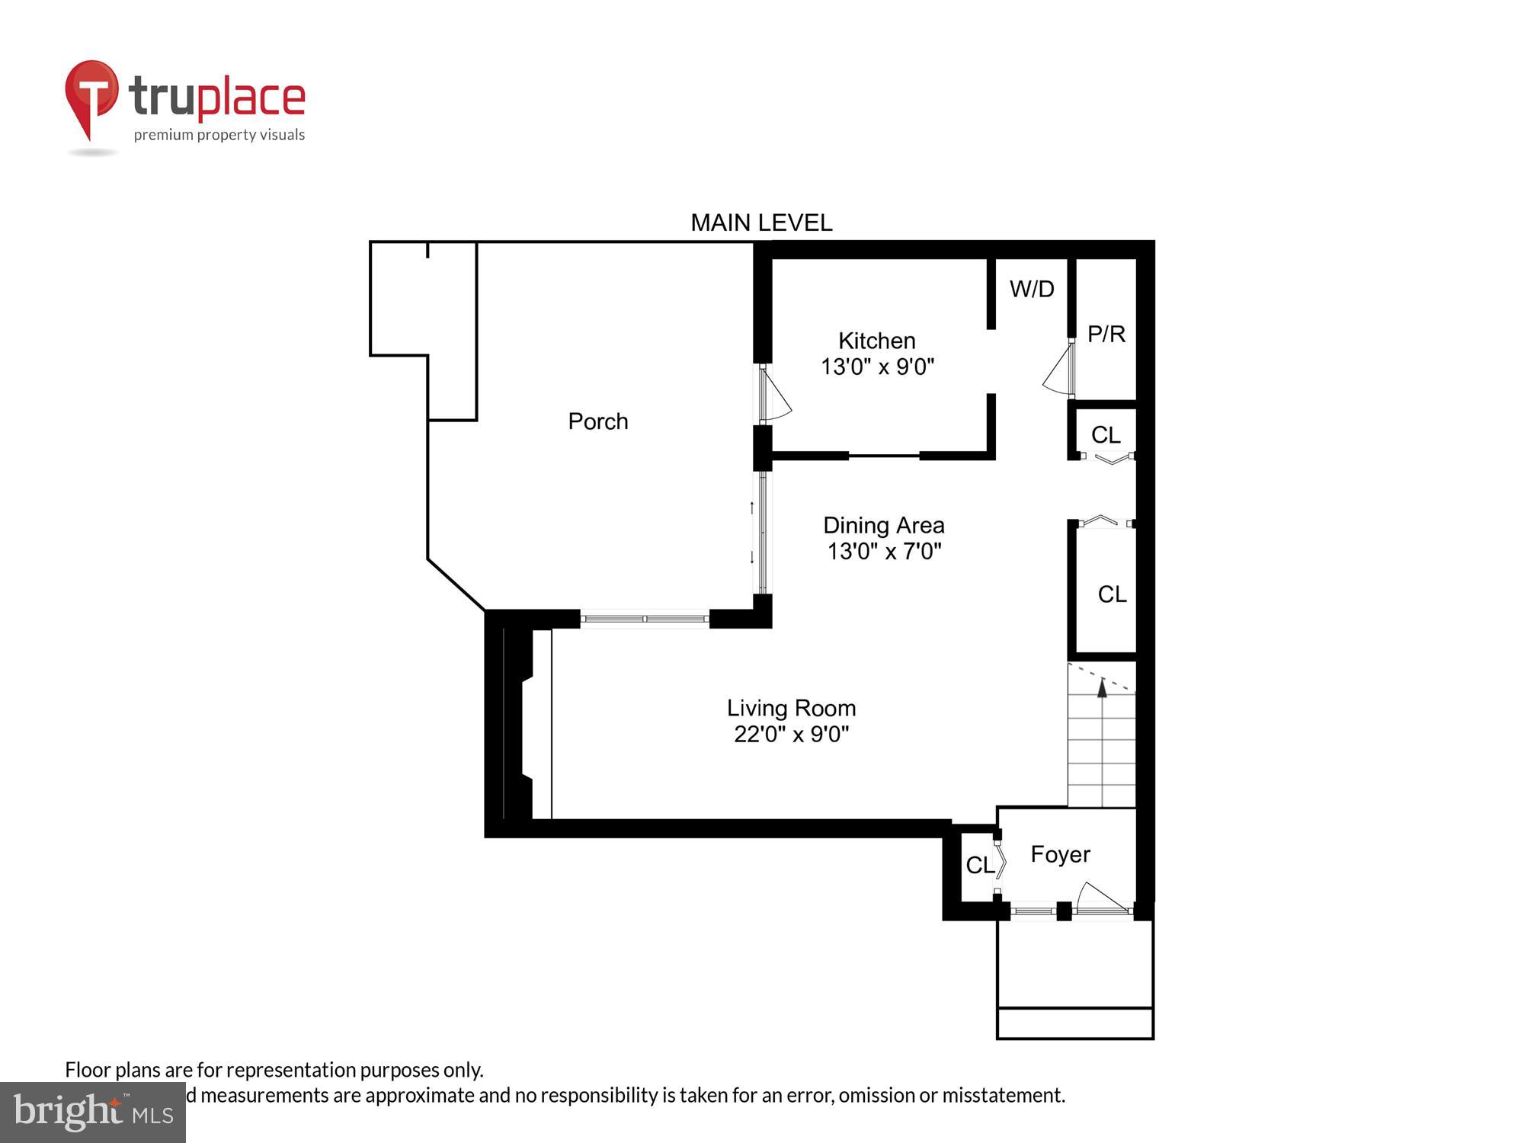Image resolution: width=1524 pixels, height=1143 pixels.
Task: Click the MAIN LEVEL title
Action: pyautogui.click(x=760, y=223)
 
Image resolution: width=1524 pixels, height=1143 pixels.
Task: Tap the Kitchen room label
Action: pyautogui.click(x=876, y=341)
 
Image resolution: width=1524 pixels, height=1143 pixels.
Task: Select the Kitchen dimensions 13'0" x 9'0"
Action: pyautogui.click(x=876, y=367)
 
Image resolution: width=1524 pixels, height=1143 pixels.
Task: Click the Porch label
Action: pyautogui.click(x=598, y=421)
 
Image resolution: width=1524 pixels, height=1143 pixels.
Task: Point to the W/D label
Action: pyautogui.click(x=1032, y=289)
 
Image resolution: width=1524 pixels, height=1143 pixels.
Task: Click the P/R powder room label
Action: pyautogui.click(x=1106, y=334)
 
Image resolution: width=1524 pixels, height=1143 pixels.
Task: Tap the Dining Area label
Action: pyautogui.click(x=883, y=525)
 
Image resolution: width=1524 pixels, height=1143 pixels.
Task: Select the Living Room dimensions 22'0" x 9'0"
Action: pyautogui.click(x=791, y=734)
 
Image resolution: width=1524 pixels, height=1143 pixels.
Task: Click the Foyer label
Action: pyautogui.click(x=1060, y=854)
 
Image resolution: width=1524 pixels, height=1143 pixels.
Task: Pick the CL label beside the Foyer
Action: pyautogui.click(x=979, y=865)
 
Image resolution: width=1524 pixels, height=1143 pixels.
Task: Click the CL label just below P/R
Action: pyautogui.click(x=1106, y=435)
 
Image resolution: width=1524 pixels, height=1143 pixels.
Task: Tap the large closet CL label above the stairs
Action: pyautogui.click(x=1112, y=594)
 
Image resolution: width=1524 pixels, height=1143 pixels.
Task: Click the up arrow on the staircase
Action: pyautogui.click(x=1102, y=688)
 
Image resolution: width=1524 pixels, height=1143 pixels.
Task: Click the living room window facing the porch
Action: pyautogui.click(x=645, y=619)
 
